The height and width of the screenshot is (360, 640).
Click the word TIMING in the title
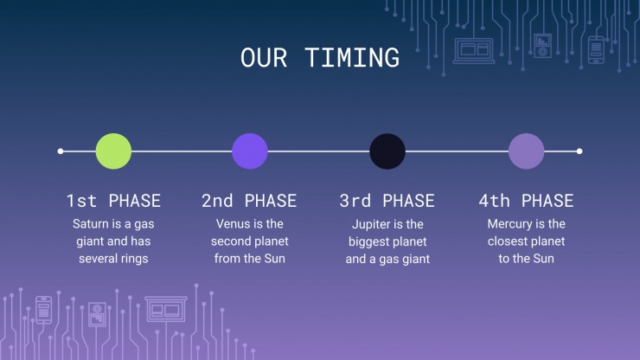pos(352,57)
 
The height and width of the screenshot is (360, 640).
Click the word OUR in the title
pos(264,57)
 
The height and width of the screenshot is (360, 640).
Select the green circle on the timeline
pos(113,151)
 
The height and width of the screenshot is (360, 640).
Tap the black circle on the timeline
pos(387,151)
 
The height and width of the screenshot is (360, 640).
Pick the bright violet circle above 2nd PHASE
pos(250,151)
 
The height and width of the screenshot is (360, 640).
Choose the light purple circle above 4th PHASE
pos(526,151)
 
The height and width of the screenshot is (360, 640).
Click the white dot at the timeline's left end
pos(61,151)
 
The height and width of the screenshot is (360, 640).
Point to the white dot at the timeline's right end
pos(579,151)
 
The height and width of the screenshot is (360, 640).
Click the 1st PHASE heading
pos(113,201)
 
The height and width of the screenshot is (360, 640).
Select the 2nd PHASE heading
pos(249,201)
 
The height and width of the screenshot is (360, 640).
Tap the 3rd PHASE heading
pos(387,201)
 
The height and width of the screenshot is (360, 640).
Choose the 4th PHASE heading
pos(526,201)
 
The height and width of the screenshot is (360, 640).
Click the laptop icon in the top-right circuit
pos(474,51)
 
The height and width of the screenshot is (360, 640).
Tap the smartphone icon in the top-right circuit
pos(596,50)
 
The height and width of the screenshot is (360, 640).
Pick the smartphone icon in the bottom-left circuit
pos(43,310)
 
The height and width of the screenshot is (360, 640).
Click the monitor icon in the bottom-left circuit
pos(166,309)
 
